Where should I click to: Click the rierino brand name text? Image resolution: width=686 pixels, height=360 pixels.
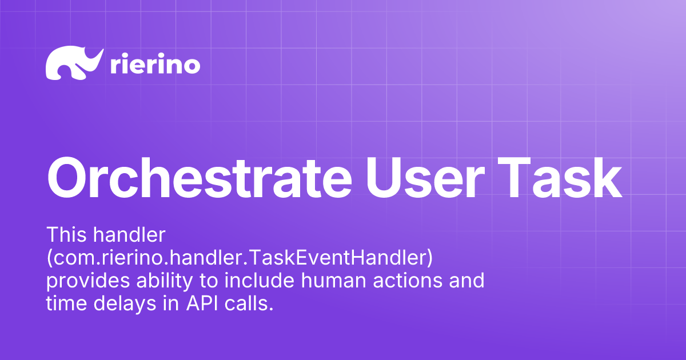click(x=154, y=65)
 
